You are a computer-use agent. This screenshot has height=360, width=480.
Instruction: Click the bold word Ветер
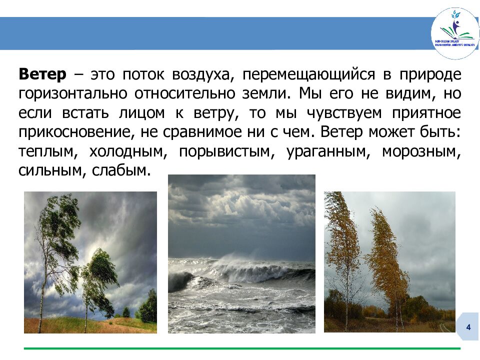[x=42, y=75]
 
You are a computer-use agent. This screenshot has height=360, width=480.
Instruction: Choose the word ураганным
[x=327, y=151]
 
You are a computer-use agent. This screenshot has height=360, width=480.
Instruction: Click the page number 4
[x=468, y=327]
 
